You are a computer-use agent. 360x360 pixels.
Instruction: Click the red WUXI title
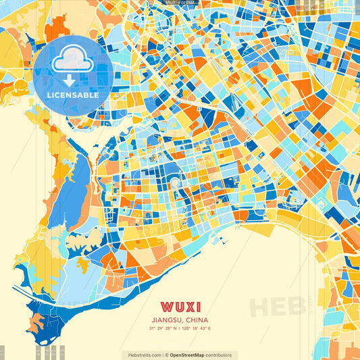coord(180,307)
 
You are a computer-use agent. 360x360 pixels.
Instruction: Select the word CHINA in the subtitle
coord(197,320)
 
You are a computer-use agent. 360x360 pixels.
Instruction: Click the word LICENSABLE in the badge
coord(73,95)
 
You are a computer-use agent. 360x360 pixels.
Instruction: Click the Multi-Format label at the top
coord(180,3)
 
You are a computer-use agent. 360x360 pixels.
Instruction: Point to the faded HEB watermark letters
coord(277,306)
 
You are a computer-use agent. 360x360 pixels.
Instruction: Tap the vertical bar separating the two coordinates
coord(180,328)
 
